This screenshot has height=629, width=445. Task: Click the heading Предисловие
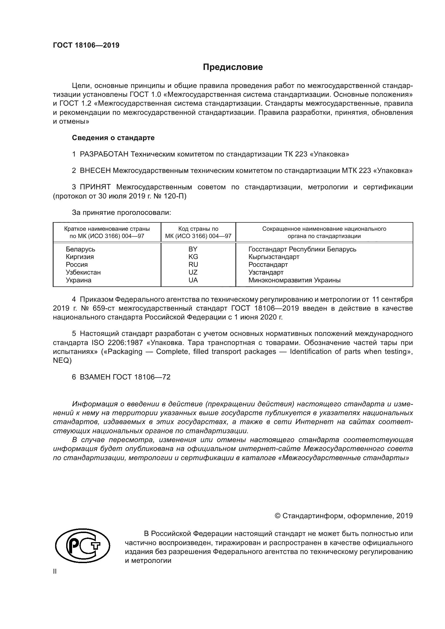[x=233, y=67]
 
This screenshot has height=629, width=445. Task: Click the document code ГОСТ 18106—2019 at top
[x=86, y=45]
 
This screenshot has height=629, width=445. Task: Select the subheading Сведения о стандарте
[x=113, y=138]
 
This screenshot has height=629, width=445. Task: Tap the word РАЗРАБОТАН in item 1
[x=104, y=154]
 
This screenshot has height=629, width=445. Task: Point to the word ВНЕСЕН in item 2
[x=95, y=171]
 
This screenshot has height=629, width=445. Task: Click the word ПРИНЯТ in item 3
[x=95, y=187]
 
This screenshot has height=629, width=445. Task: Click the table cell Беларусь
[x=80, y=249]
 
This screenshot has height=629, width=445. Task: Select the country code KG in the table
[x=193, y=257]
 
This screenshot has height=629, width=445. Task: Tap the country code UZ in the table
[x=193, y=272]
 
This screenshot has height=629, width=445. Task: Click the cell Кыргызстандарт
[x=274, y=257]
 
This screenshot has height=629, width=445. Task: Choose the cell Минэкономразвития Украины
[x=294, y=280]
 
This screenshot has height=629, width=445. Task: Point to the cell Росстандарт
[x=268, y=265]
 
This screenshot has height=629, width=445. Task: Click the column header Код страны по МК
[x=198, y=232]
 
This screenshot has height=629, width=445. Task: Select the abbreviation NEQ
[x=62, y=361]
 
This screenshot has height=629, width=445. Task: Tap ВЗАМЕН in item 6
[x=95, y=377]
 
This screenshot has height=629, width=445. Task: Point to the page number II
[x=55, y=571]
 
